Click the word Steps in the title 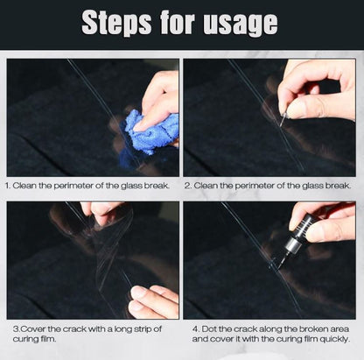[116, 24]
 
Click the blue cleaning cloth [151, 132]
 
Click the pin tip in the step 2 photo [281, 126]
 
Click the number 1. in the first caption [8, 186]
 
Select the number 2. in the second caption [188, 186]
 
